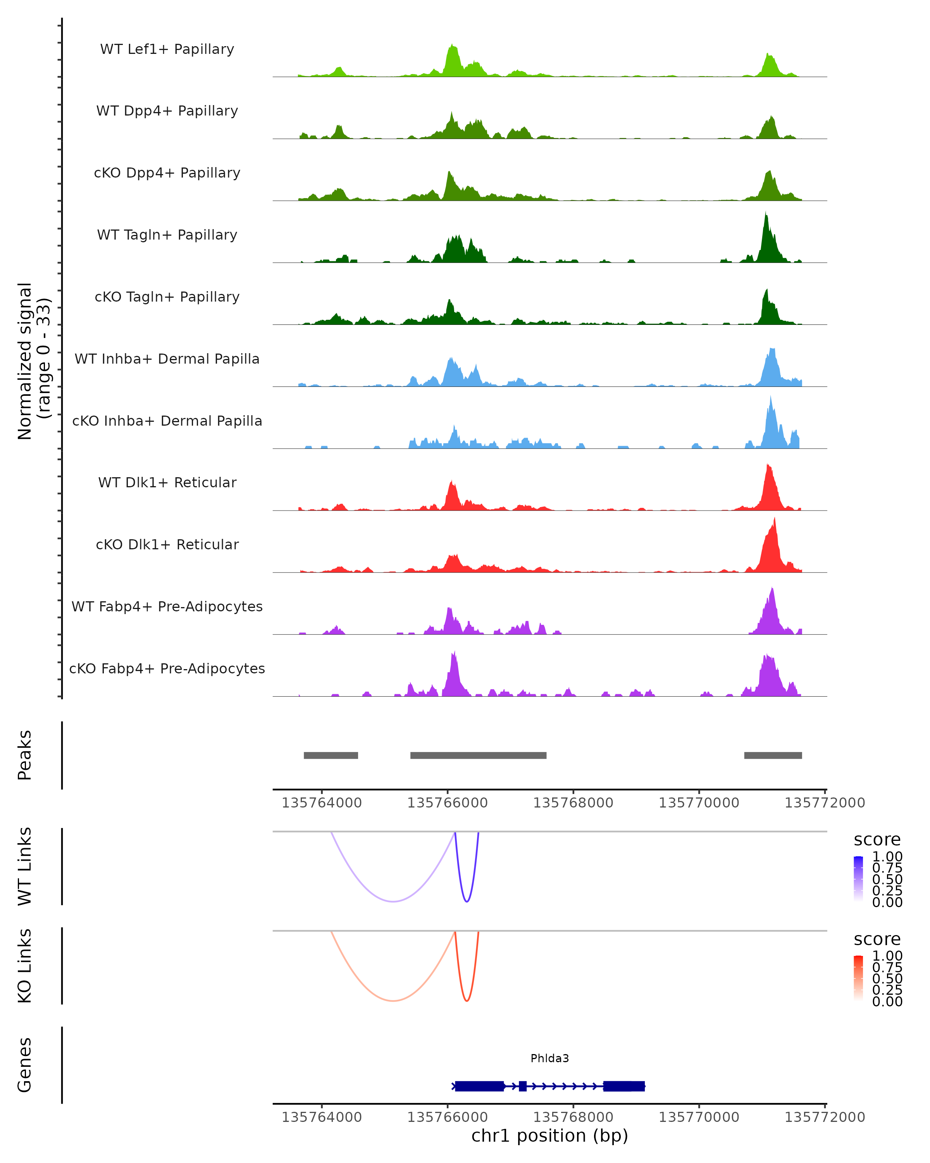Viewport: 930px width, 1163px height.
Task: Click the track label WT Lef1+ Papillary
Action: (x=167, y=49)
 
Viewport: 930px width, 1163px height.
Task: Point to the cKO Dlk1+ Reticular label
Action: (x=167, y=544)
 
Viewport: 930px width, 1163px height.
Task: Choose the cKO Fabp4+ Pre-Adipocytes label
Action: (x=167, y=668)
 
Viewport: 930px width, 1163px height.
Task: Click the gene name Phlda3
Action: (x=549, y=1058)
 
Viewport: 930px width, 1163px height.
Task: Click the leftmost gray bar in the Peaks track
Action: (x=331, y=755)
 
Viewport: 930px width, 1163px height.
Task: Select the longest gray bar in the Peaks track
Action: (x=478, y=755)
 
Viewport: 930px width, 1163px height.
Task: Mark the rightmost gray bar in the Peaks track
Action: (x=773, y=755)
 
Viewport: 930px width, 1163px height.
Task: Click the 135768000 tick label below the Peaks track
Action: (x=573, y=803)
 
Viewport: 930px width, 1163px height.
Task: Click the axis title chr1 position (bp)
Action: (x=549, y=1136)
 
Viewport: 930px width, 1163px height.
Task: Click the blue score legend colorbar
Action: (x=858, y=879)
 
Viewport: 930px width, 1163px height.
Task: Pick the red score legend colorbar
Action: (x=858, y=978)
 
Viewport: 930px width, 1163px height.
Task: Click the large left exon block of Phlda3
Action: (x=479, y=1086)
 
